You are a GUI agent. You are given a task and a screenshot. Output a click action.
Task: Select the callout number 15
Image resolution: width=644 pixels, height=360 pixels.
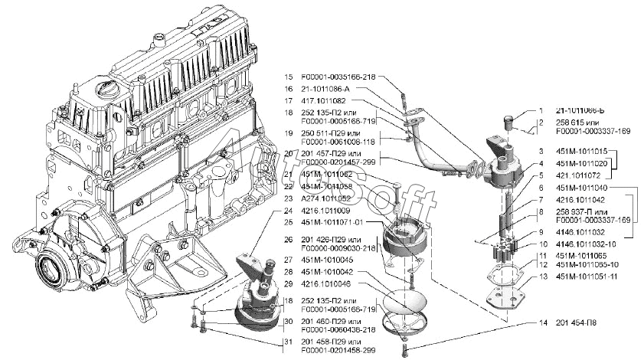289,77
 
